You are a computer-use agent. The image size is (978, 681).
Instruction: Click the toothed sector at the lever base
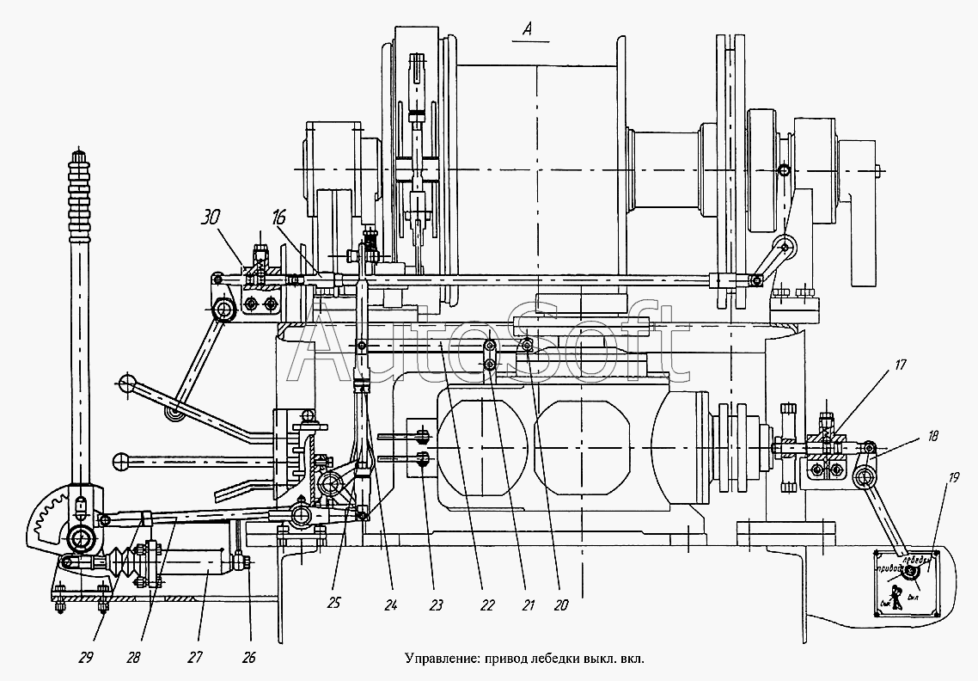tap(50, 520)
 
